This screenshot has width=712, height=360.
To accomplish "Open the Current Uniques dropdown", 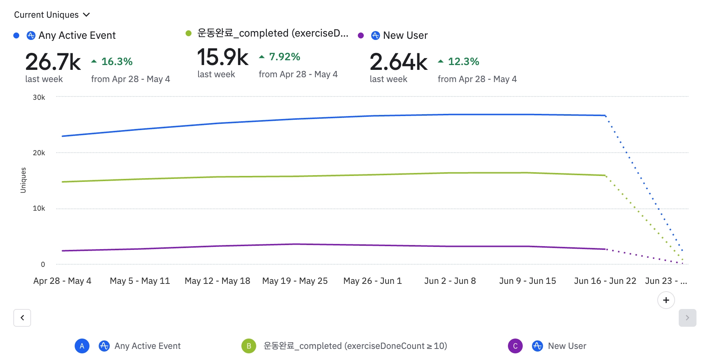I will [52, 15].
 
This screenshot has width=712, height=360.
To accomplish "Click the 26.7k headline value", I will [53, 62].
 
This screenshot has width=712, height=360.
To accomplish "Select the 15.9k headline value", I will [223, 57].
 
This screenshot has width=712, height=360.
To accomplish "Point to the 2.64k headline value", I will [398, 62].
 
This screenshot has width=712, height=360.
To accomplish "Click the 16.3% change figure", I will [116, 61].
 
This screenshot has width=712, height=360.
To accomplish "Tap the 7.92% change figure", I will [284, 57].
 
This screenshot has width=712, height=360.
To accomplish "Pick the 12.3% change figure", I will [463, 61].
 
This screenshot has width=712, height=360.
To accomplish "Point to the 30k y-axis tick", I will [39, 98].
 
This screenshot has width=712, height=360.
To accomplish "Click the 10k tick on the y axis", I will [39, 208].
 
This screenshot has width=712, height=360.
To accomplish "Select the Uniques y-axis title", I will [23, 180].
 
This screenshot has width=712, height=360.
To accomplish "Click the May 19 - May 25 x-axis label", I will [295, 281].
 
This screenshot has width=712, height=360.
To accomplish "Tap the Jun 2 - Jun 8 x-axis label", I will [450, 281].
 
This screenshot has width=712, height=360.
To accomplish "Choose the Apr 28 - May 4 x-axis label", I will [62, 281].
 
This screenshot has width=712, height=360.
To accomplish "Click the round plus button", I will [666, 300].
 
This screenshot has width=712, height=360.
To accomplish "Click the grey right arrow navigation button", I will [687, 318].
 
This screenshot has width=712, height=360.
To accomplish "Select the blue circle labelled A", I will [82, 346].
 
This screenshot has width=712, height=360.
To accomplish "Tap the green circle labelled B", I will [249, 346].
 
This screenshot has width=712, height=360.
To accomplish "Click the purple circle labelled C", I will [515, 346].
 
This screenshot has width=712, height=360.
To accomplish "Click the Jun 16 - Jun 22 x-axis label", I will [605, 281].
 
